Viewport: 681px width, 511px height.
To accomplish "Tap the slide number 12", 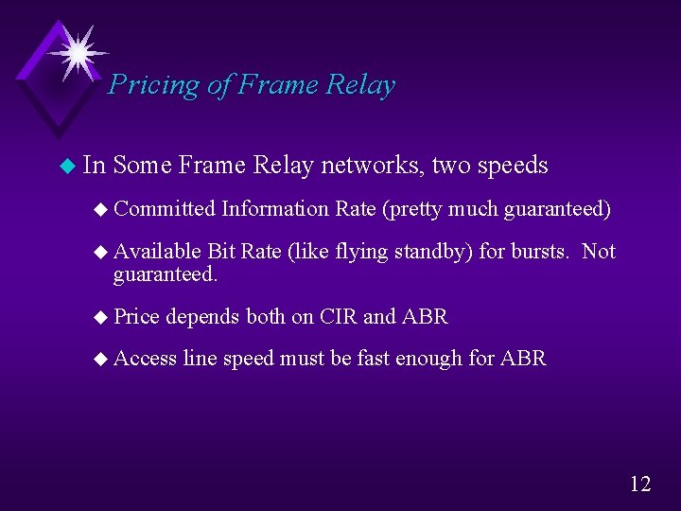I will (x=640, y=484).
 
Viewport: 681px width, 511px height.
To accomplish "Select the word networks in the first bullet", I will (x=372, y=166).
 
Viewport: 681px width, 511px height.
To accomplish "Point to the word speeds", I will (x=513, y=166).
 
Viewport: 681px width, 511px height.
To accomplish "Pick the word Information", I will (x=275, y=208).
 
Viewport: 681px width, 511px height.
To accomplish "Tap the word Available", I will (x=157, y=251).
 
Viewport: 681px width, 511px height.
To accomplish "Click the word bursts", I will (x=539, y=251).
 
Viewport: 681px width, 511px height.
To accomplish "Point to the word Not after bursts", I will (x=599, y=251).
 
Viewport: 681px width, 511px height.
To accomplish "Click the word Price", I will (x=138, y=317).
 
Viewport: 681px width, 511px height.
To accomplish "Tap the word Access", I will (x=145, y=359).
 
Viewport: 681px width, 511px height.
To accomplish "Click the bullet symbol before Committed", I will (x=102, y=209).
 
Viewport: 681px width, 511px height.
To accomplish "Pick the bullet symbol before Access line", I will (x=102, y=360).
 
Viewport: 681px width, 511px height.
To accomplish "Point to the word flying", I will (x=361, y=251).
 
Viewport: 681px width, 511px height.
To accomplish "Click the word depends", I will (x=203, y=317).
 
